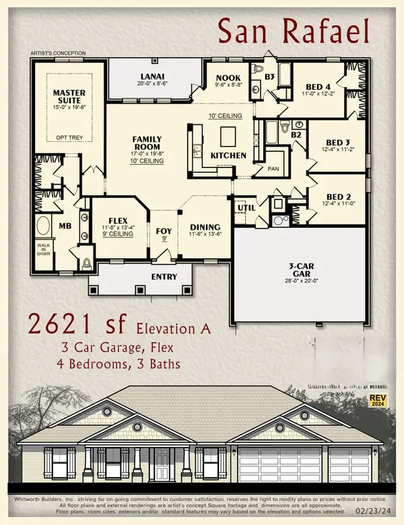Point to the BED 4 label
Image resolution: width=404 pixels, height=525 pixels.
(x=318, y=87)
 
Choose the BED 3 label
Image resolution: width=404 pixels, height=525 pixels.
(x=339, y=143)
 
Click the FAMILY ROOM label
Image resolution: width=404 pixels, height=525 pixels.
(x=146, y=142)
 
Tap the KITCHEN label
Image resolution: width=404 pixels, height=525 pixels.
(x=228, y=156)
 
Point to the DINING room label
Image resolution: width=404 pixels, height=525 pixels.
(x=202, y=227)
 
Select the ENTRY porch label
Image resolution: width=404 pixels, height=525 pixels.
(x=164, y=276)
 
